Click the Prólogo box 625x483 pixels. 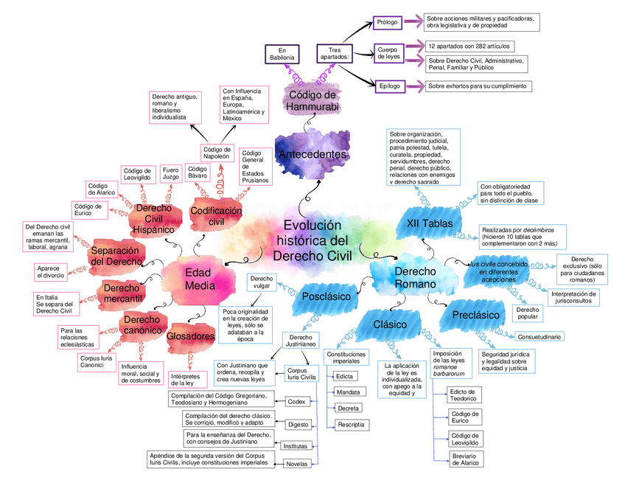pyautogui.click(x=388, y=22)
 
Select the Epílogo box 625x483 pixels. pyautogui.click(x=389, y=86)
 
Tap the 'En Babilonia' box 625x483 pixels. pyautogui.click(x=282, y=53)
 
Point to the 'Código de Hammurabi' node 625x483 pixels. pyautogui.click(x=312, y=100)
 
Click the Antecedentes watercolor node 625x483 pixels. pyautogui.click(x=312, y=154)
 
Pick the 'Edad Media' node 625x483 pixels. pyautogui.click(x=200, y=279)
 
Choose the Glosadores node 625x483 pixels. pyautogui.click(x=190, y=336)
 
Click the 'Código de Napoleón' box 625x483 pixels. pyautogui.click(x=218, y=152)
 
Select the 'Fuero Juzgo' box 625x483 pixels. pyautogui.click(x=171, y=173)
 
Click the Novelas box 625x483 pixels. pyautogui.click(x=296, y=463)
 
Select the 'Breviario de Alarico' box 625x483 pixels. pyautogui.click(x=465, y=459)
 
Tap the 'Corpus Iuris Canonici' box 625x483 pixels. pyautogui.click(x=97, y=361)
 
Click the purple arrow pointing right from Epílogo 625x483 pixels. pyautogui.click(x=413, y=86)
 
